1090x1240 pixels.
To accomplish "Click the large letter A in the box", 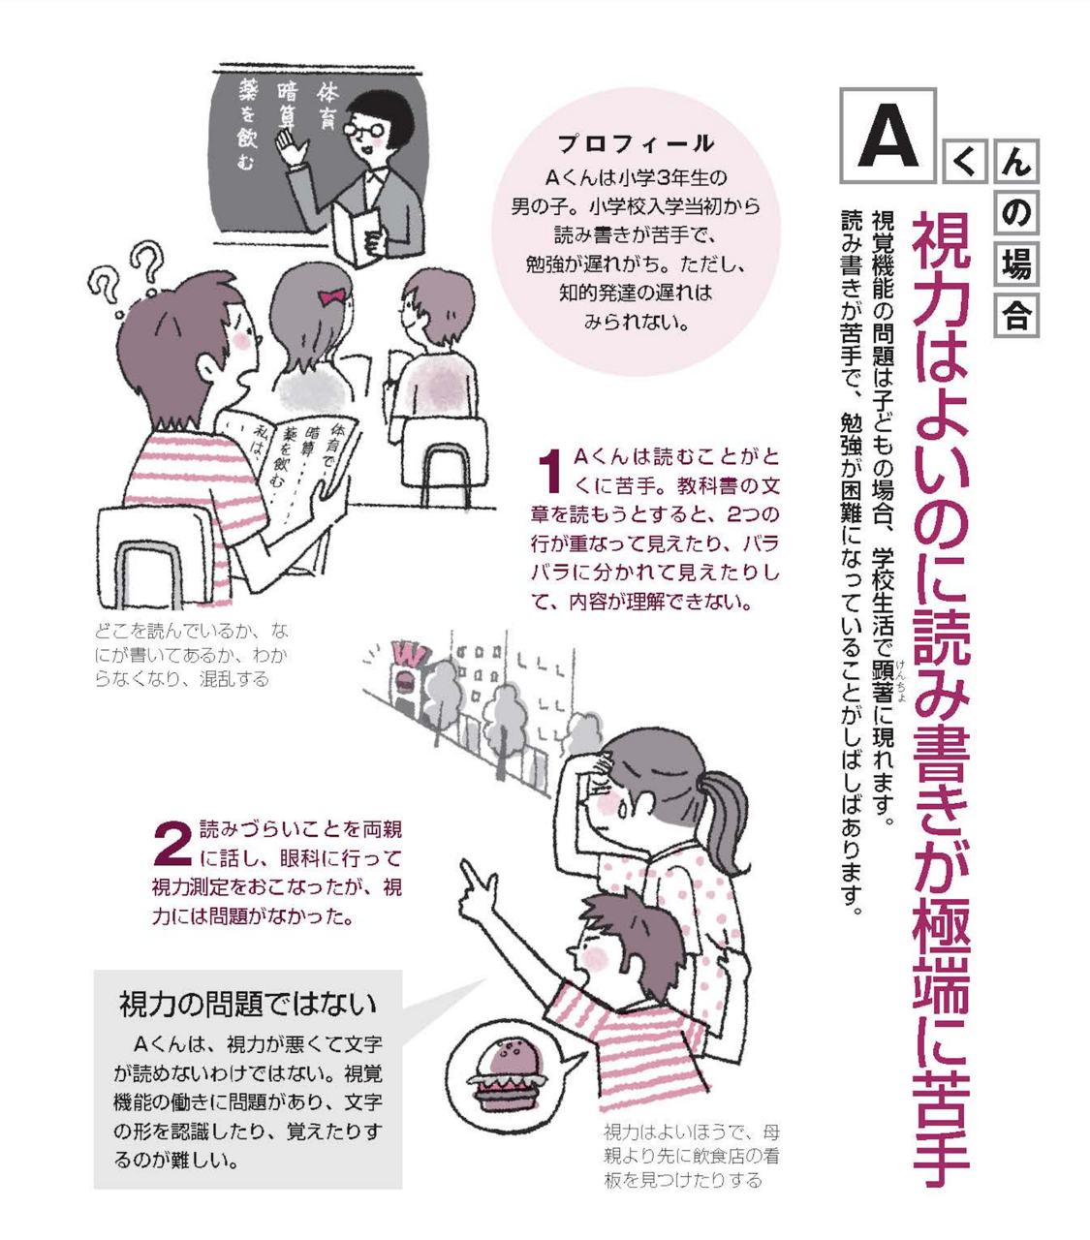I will (x=888, y=136).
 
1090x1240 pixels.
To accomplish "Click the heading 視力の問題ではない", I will (x=247, y=1004).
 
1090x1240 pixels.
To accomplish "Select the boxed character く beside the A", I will (x=965, y=162).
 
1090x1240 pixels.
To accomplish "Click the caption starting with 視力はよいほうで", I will (x=691, y=1156).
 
